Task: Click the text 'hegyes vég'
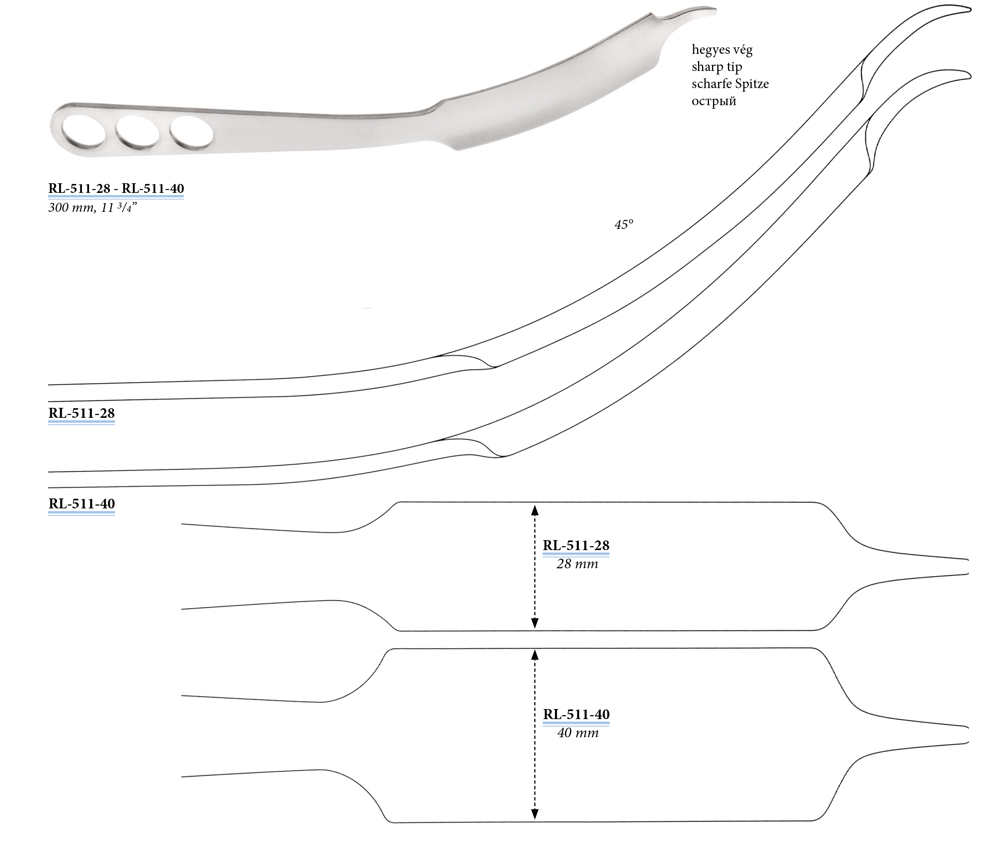722,50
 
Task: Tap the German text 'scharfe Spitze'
730,84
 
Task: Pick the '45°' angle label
624,225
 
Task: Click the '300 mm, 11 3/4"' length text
92,207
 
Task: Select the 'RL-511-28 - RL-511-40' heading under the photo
116,188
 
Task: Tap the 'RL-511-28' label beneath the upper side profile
81,413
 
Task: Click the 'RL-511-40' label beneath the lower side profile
81,504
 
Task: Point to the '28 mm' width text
577,564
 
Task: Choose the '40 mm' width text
578,733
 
